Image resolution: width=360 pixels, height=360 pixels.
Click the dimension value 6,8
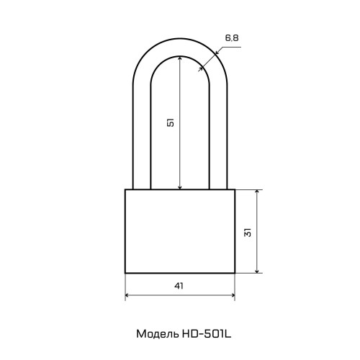tap(232, 38)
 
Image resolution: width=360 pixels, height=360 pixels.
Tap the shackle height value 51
tap(171, 122)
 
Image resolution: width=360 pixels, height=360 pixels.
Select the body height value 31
tap(248, 232)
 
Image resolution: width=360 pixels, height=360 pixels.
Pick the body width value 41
tap(179, 286)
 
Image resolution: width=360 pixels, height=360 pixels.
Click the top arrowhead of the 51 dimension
tap(180, 58)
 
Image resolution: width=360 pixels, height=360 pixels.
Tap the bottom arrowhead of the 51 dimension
tap(180, 187)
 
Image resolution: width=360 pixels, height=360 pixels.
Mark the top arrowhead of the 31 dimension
tap(257, 192)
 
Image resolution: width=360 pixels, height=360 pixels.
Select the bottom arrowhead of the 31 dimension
tap(257, 271)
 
